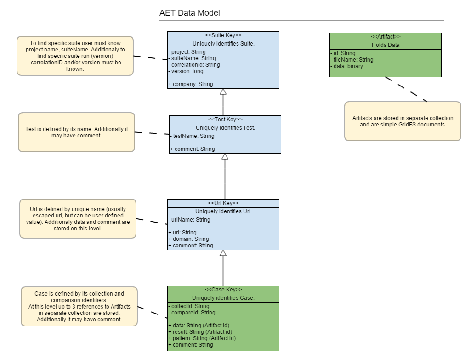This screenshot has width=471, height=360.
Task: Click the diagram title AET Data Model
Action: (189, 13)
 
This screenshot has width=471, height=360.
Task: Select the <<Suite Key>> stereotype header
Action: (223, 35)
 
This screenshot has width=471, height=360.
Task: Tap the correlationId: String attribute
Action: (194, 65)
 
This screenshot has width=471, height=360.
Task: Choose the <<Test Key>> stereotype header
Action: (225, 120)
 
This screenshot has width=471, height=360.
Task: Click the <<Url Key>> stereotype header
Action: (223, 203)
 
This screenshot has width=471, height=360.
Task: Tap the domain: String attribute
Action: (188, 239)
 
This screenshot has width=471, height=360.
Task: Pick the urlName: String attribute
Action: (189, 220)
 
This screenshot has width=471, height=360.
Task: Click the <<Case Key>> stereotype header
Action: (223, 290)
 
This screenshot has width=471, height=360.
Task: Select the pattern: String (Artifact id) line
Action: (202, 338)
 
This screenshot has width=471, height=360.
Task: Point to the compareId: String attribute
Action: (192, 313)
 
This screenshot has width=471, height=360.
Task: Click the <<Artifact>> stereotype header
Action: (385, 37)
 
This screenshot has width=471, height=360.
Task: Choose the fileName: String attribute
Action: (352, 60)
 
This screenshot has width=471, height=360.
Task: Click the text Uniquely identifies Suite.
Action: (223, 44)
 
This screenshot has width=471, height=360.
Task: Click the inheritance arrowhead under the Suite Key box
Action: (223, 91)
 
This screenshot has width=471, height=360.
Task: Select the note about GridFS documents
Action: (403, 121)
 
